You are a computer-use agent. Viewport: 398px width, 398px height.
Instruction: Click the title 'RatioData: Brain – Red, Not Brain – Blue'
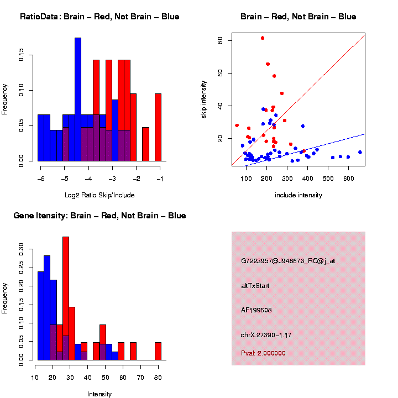[x=99, y=17]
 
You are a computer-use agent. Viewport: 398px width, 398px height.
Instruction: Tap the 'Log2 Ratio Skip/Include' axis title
[x=99, y=195]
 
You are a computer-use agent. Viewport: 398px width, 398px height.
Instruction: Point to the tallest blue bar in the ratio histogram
[x=78, y=99]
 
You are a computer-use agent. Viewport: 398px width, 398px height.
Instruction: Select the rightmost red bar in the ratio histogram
[x=158, y=127]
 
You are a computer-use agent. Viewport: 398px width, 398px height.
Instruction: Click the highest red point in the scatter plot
[x=263, y=38]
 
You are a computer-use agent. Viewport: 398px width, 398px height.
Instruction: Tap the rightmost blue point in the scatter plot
[x=360, y=152]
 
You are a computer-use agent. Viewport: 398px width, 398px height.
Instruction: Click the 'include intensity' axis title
[x=298, y=195]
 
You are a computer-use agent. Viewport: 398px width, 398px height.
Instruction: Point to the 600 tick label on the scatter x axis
[x=349, y=179]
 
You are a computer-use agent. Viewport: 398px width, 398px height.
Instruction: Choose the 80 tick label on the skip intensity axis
[x=220, y=40]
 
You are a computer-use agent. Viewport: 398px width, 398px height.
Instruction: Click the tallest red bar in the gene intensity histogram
[x=66, y=298]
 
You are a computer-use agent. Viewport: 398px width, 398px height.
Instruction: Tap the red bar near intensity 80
[x=158, y=352]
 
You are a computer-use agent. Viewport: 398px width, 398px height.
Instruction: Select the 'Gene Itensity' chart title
[x=99, y=216]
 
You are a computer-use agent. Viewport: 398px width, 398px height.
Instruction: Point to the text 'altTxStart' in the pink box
[x=255, y=286]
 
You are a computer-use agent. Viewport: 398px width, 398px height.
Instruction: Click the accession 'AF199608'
[x=257, y=310]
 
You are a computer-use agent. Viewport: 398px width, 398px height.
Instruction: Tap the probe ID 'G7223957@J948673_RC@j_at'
[x=288, y=261]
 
